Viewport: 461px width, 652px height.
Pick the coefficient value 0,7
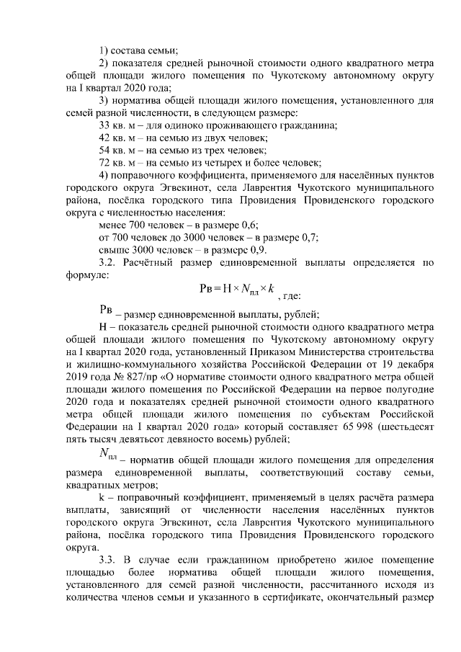[x=309, y=238]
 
